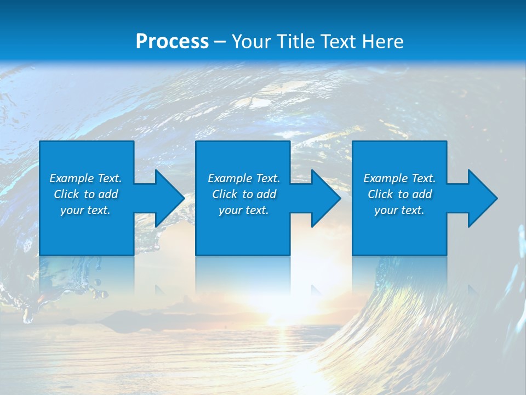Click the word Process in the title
pos(172,42)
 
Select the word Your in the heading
pos(250,42)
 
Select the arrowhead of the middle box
pos(325,198)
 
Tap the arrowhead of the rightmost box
pos(482,198)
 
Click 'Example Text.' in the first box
pos(85,178)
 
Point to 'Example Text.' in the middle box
pos(244,178)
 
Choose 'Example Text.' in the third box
pos(399,178)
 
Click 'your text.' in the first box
pos(85,210)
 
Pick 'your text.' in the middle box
pos(244,210)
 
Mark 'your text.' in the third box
pos(399,210)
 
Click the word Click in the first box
pos(67,194)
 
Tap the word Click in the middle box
pos(225,194)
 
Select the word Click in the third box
pos(381,194)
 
